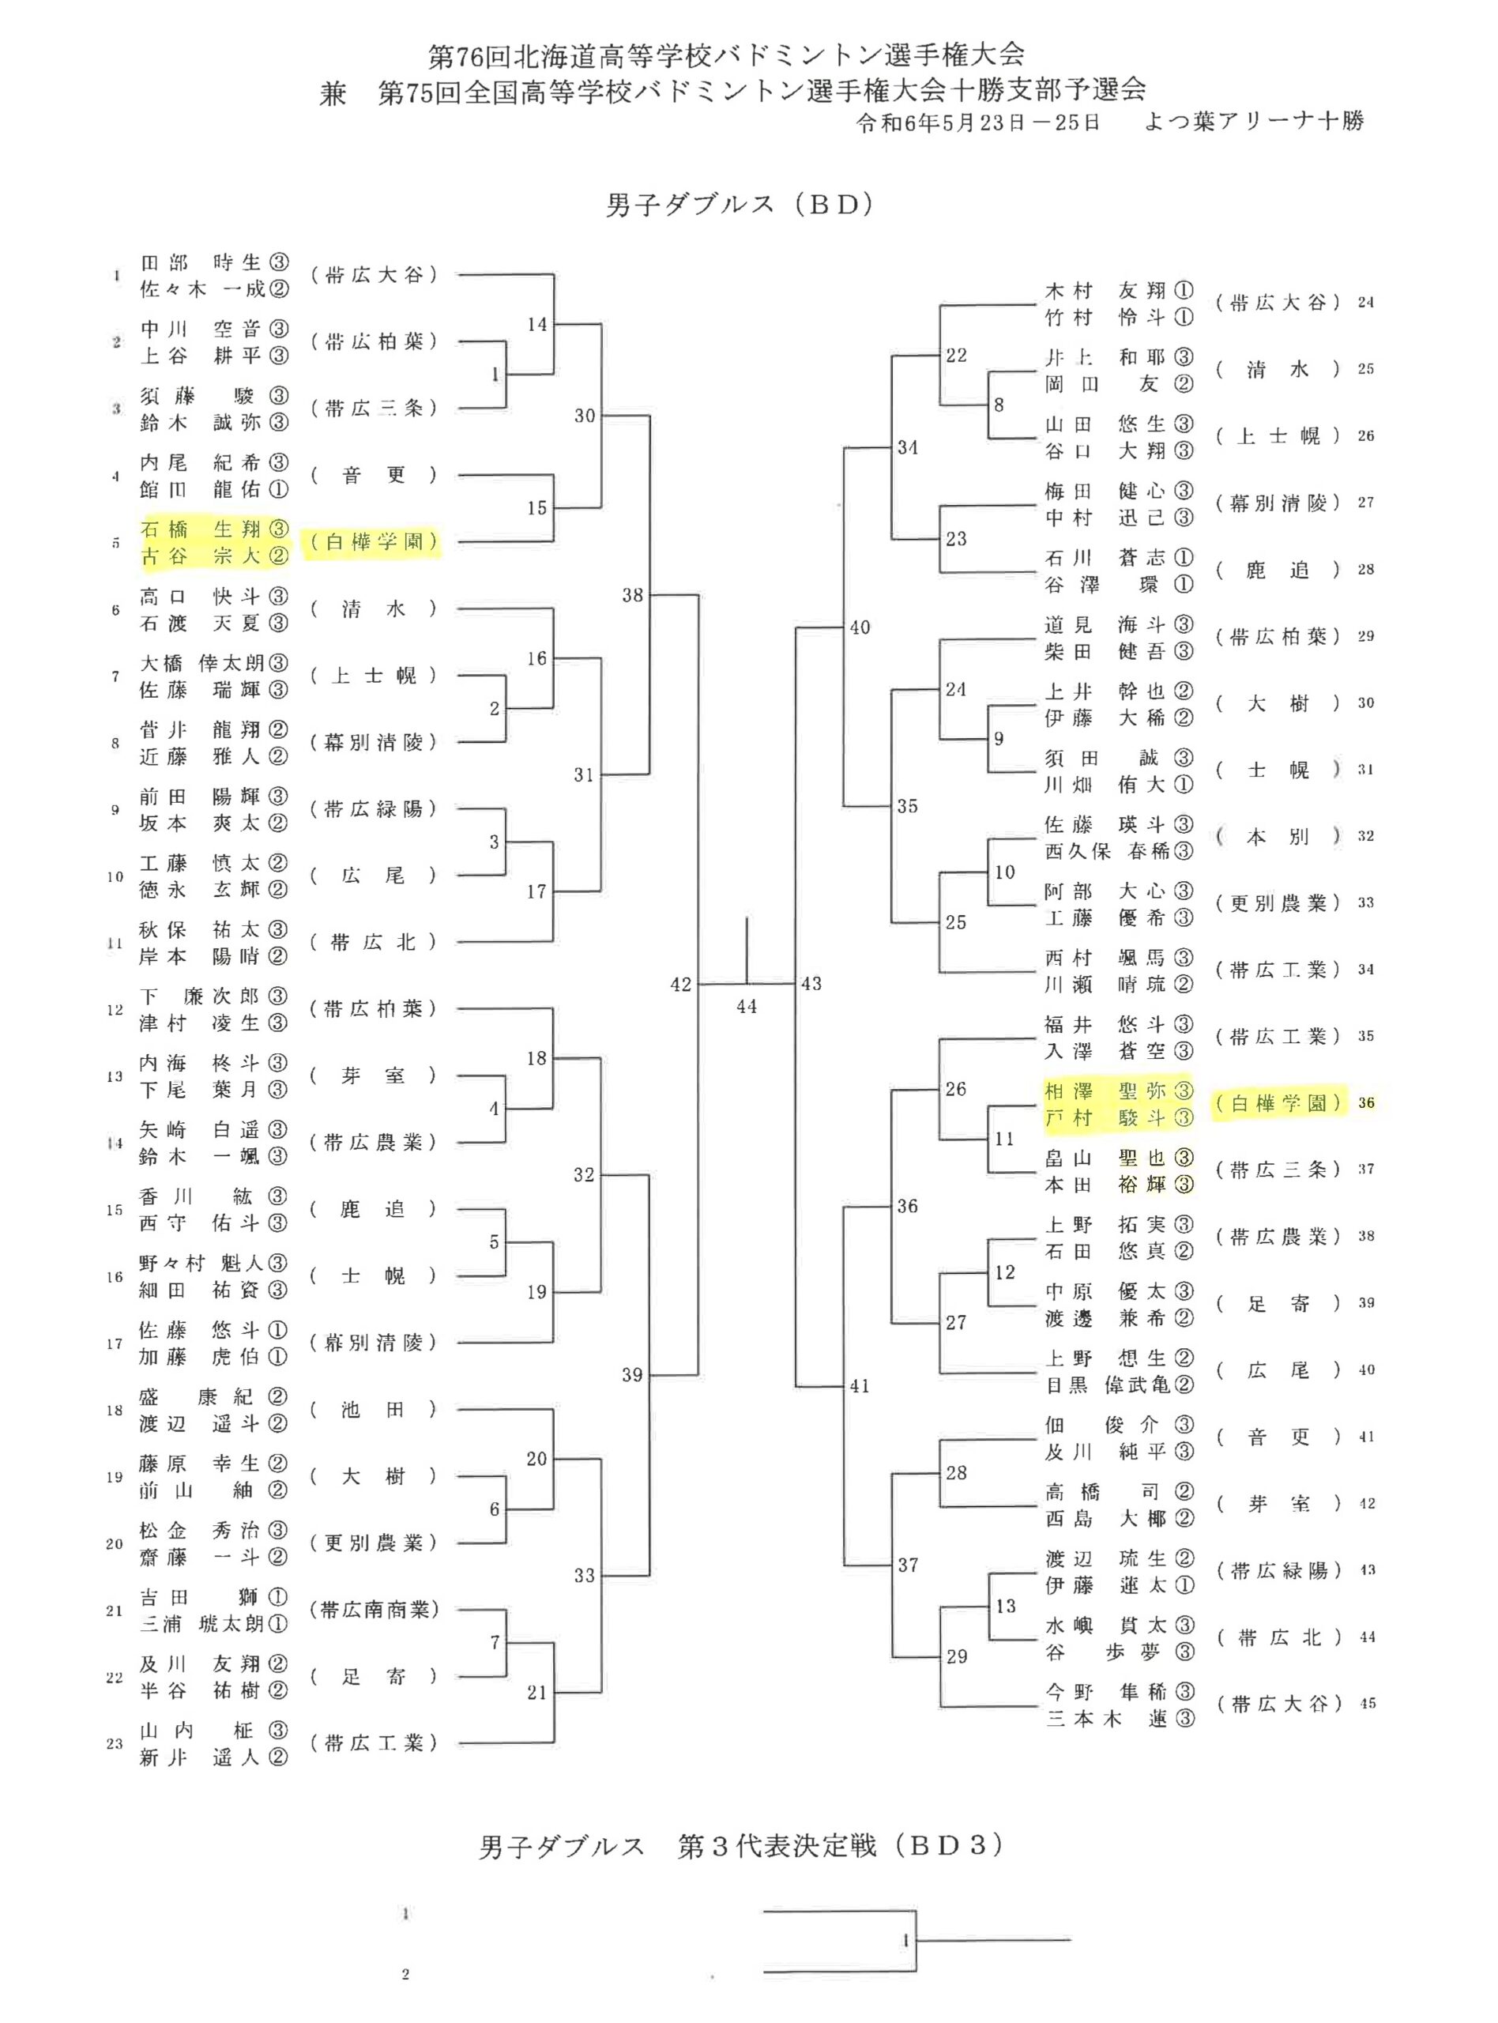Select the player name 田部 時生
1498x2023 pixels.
point(201,263)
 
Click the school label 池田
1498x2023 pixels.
point(373,1409)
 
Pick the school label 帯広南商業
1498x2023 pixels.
point(374,1610)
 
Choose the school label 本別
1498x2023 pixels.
point(1278,837)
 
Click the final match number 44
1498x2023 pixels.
point(747,1007)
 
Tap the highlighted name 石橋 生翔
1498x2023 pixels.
point(201,529)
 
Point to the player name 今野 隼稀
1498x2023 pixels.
point(1105,1691)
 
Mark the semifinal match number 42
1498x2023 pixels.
point(681,985)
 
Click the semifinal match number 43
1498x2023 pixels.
point(811,984)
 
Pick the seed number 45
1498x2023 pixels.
point(1368,1704)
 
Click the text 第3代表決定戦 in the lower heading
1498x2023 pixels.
point(777,1847)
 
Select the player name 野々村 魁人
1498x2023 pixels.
point(201,1263)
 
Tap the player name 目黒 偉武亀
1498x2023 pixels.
point(1105,1384)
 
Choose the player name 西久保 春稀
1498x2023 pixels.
point(1105,851)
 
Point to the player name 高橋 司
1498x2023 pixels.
point(1105,1492)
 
